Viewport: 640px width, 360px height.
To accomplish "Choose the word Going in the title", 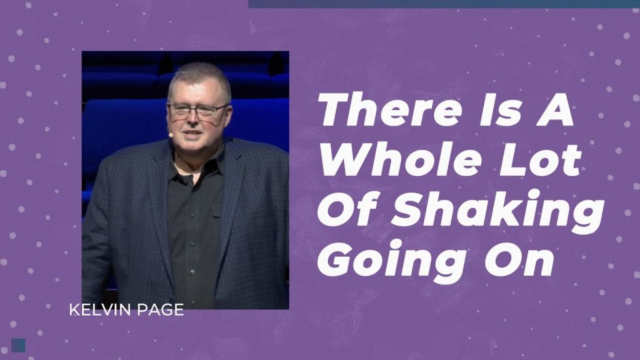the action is [x=392, y=262].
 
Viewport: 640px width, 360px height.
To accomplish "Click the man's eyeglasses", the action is [x=197, y=110].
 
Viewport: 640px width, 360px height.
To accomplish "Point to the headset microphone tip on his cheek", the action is [x=171, y=134].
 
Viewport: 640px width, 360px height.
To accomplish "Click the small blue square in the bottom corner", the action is [x=18, y=345].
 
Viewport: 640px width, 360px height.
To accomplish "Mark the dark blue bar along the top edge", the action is [x=444, y=4].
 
